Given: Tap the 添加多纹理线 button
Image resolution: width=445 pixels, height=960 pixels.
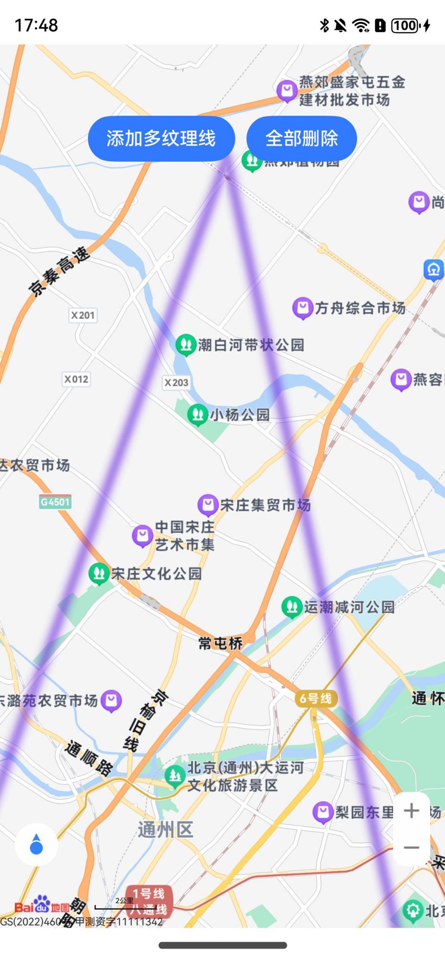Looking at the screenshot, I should coord(161,139).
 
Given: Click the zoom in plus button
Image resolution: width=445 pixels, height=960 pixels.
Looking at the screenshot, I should coord(411,810).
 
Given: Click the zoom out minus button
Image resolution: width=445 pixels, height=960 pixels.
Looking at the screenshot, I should coord(411,847).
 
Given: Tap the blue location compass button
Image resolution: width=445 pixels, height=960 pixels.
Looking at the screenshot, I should coord(36,845).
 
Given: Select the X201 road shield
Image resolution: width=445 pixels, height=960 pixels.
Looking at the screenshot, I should coord(83,316).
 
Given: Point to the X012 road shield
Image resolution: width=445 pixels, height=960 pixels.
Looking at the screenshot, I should coord(76,379).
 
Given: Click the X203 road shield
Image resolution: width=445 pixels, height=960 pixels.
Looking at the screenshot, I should coord(177,383).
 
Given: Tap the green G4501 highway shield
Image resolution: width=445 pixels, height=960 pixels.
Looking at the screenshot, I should coord(55,502).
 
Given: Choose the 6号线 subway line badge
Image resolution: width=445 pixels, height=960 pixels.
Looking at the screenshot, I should coord(316,699).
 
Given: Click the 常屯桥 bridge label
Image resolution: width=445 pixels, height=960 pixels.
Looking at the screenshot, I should coord(221,643).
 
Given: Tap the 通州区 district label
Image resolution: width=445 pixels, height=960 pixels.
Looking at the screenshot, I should coord(165,829).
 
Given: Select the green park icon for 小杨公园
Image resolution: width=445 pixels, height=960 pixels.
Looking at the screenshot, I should coord(197,414).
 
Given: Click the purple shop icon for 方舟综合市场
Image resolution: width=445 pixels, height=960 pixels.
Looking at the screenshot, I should coord(303,308).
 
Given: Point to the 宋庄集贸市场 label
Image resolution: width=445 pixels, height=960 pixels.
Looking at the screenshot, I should coord(265,505).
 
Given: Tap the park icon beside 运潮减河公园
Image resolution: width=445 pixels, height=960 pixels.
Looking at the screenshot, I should coord(292,606).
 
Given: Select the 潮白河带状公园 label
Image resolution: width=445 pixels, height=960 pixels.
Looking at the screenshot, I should coord(251,345).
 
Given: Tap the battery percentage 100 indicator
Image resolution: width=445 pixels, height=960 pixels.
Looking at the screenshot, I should coord(405,25).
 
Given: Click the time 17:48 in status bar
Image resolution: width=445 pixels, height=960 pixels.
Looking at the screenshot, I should coord(36,25).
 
